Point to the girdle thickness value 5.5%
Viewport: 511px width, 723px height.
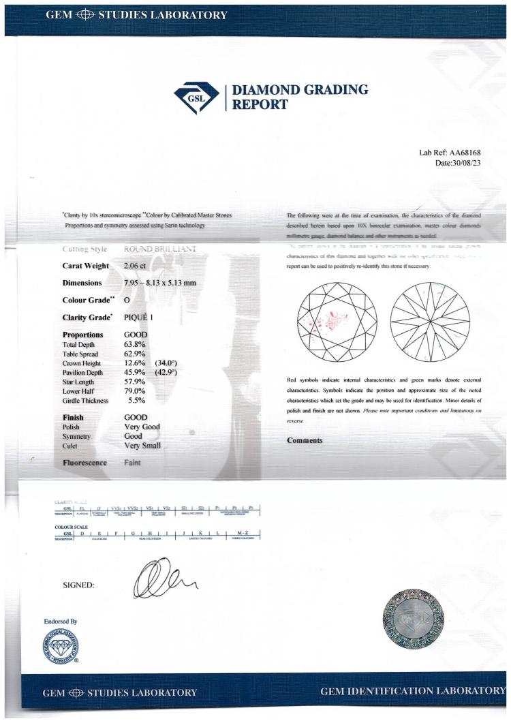[x=138, y=401]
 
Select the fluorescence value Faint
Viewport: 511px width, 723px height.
[x=134, y=462]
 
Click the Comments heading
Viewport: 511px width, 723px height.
[x=305, y=440]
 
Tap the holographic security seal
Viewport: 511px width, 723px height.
[x=414, y=619]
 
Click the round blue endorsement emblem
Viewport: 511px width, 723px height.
[x=60, y=645]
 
